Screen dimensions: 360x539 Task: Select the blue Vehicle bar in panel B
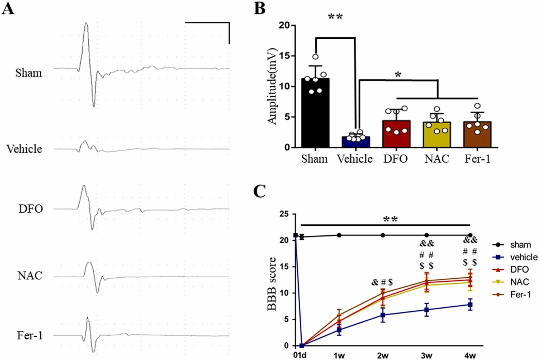click(355, 142)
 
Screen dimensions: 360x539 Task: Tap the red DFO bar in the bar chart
click(396, 134)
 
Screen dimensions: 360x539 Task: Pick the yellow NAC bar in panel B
click(437, 135)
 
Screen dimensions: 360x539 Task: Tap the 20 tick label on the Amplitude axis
click(283, 25)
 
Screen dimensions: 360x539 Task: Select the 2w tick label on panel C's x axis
click(382, 355)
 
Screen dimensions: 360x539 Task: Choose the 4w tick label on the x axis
click(470, 355)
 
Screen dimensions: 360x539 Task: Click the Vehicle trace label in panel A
click(24, 149)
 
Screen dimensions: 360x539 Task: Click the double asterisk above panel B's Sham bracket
click(335, 18)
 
